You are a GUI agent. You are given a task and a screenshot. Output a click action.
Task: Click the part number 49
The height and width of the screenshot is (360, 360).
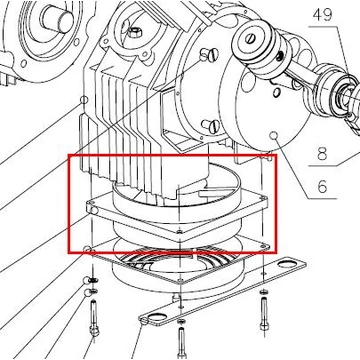point(322,15)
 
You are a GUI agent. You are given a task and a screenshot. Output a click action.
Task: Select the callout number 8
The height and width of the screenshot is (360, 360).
point(322,154)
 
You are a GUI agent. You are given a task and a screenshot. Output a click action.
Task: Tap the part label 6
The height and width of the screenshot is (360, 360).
point(322,187)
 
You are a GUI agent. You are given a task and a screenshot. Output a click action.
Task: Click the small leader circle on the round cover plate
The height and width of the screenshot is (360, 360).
point(274,135)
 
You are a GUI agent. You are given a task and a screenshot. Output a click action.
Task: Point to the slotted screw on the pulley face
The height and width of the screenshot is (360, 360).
point(250,39)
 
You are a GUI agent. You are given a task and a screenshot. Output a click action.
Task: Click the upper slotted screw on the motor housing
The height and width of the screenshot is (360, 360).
point(210,55)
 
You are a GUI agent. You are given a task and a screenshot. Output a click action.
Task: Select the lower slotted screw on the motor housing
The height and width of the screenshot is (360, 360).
point(211,126)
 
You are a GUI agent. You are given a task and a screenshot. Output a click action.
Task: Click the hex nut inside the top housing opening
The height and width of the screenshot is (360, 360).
point(135,32)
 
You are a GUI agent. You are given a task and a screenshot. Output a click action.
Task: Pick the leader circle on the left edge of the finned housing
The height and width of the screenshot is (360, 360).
point(84,100)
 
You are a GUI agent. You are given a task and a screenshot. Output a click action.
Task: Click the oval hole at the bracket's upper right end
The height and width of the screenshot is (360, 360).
point(286,264)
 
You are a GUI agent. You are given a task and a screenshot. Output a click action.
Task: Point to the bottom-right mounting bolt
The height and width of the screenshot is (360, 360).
point(264,313)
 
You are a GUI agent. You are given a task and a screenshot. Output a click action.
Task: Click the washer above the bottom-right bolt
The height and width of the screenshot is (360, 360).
point(264,292)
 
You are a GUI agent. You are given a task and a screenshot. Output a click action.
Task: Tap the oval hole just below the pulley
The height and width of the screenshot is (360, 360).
point(275,91)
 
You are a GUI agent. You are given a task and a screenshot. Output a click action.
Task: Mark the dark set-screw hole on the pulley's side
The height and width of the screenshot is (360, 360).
point(282,54)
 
